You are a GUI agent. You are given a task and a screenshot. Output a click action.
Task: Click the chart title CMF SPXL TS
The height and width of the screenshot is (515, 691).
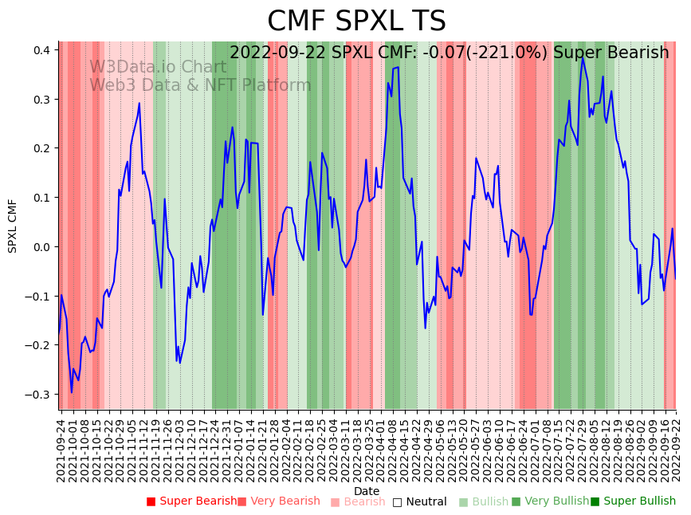(356, 22)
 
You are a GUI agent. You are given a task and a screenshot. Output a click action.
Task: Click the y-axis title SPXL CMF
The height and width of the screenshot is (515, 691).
(13, 226)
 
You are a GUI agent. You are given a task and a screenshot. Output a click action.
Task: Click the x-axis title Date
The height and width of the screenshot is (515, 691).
(367, 491)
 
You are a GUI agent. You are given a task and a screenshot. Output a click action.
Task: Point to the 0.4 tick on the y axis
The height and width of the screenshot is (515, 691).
(41, 50)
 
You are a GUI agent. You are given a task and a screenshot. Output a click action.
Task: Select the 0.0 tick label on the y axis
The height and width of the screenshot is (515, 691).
(41, 247)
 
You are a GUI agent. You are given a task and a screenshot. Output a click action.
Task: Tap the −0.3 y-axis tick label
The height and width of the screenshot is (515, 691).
(37, 395)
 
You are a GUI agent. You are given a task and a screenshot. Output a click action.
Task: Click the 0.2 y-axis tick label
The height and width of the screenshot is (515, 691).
(41, 148)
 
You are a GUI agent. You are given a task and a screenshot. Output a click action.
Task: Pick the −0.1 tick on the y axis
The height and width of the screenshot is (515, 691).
(37, 297)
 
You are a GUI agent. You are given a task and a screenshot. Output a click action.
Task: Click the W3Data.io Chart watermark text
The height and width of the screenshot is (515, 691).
(158, 67)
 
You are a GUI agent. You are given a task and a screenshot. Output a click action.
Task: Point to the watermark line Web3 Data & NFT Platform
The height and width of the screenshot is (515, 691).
(200, 85)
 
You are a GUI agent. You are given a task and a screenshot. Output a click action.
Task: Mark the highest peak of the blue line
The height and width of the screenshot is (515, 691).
(582, 57)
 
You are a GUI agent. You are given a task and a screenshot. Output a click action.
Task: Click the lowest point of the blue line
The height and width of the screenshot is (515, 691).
(71, 392)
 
